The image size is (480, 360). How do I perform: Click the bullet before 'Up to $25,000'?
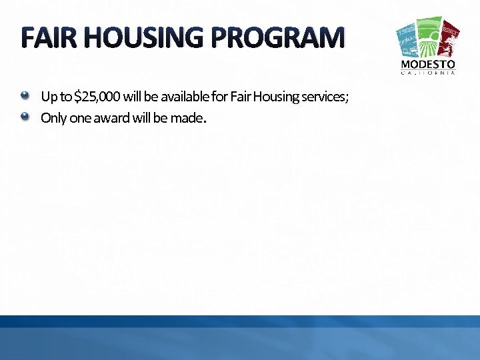pyautogui.click(x=25, y=95)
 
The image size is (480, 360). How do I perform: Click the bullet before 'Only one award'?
pyautogui.click(x=25, y=117)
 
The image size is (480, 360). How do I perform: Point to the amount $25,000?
pyautogui.click(x=97, y=97)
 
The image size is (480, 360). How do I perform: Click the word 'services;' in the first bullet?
pyautogui.click(x=325, y=97)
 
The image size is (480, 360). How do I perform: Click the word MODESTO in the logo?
pyautogui.click(x=428, y=65)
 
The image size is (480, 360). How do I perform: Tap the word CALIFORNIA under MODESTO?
pyautogui.click(x=428, y=73)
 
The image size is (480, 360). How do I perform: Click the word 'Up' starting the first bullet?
pyautogui.click(x=49, y=97)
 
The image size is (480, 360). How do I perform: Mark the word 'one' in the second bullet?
pyautogui.click(x=78, y=119)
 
